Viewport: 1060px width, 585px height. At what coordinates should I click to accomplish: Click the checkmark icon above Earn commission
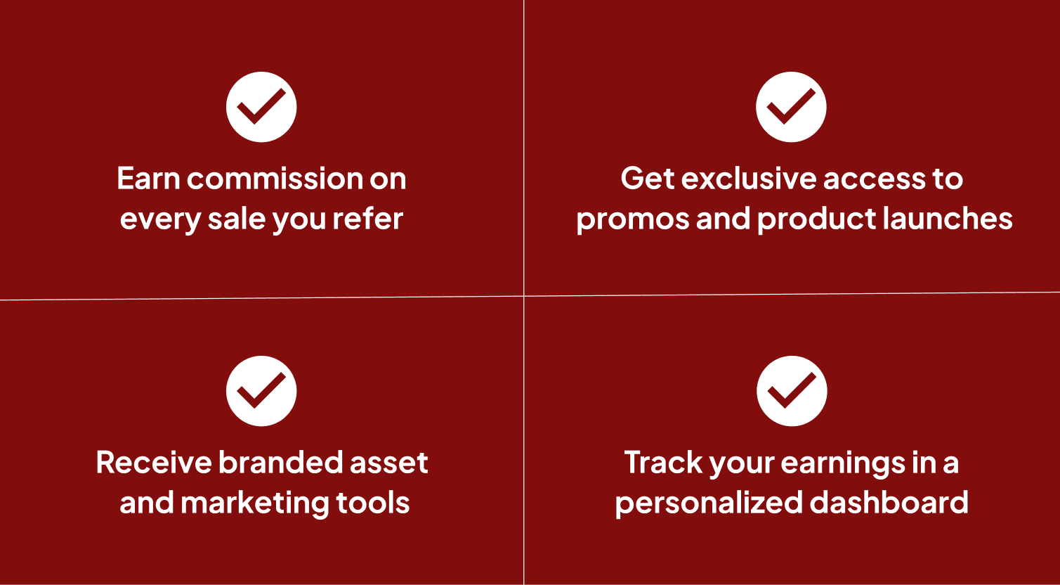point(261,107)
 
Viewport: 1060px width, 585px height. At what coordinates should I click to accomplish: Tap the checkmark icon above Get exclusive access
point(791,107)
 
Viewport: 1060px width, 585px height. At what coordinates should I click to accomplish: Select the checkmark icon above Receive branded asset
point(261,391)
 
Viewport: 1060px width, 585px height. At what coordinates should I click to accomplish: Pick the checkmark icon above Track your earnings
point(792,391)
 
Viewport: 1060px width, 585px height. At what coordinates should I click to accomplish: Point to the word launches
point(948,219)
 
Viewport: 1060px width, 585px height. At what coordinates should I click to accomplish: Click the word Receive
point(154,463)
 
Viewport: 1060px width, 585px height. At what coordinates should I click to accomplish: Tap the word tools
point(373,503)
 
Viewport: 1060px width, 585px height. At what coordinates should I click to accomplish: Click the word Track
point(663,463)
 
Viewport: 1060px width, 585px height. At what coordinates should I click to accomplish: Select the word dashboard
point(889,502)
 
